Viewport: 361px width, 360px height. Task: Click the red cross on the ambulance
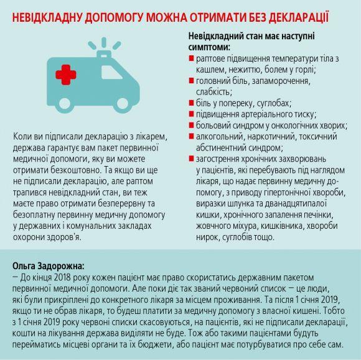click(66, 75)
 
